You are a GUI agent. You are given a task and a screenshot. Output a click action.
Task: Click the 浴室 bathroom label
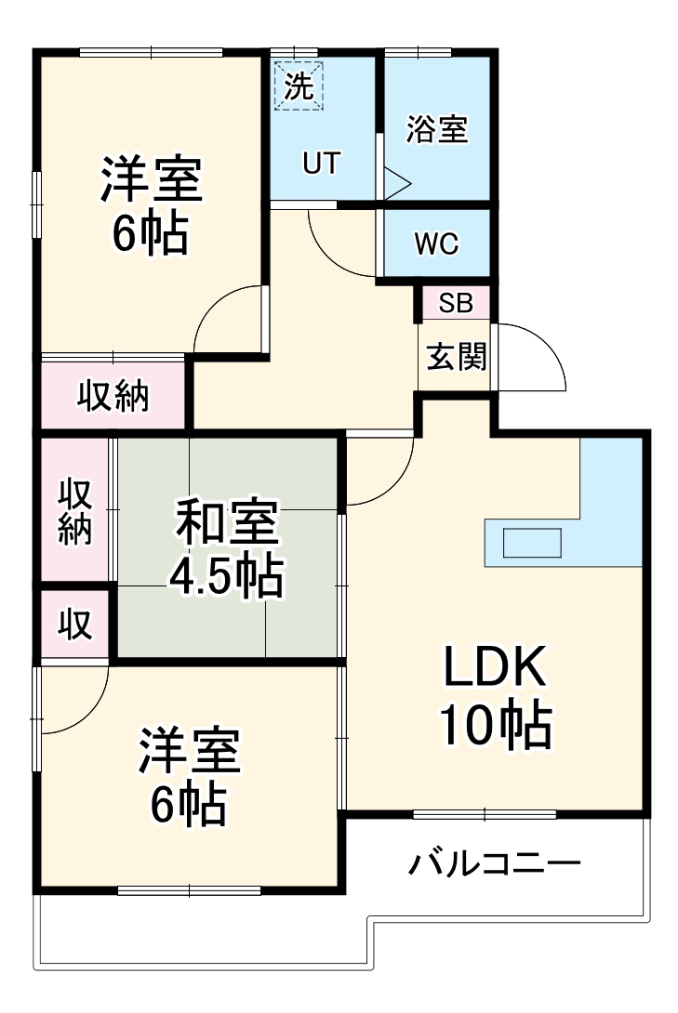coord(436,129)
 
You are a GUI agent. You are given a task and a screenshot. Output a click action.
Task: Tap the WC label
coord(436,243)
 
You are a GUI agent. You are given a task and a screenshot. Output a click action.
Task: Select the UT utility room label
coord(321,164)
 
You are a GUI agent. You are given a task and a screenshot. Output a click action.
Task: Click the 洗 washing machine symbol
coord(299,86)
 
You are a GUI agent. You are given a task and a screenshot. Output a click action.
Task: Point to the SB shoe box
coord(455,303)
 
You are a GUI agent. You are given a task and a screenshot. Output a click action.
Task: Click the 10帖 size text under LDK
coord(495,726)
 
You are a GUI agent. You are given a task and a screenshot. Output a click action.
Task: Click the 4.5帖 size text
coord(226,577)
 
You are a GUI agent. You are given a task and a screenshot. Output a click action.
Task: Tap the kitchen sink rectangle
coord(532,542)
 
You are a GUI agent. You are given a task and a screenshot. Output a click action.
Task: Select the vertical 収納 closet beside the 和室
coord(76,510)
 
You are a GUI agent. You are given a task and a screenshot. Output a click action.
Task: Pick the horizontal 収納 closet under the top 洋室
coord(113,396)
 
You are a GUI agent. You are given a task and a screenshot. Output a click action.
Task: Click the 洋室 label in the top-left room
coord(151,180)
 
